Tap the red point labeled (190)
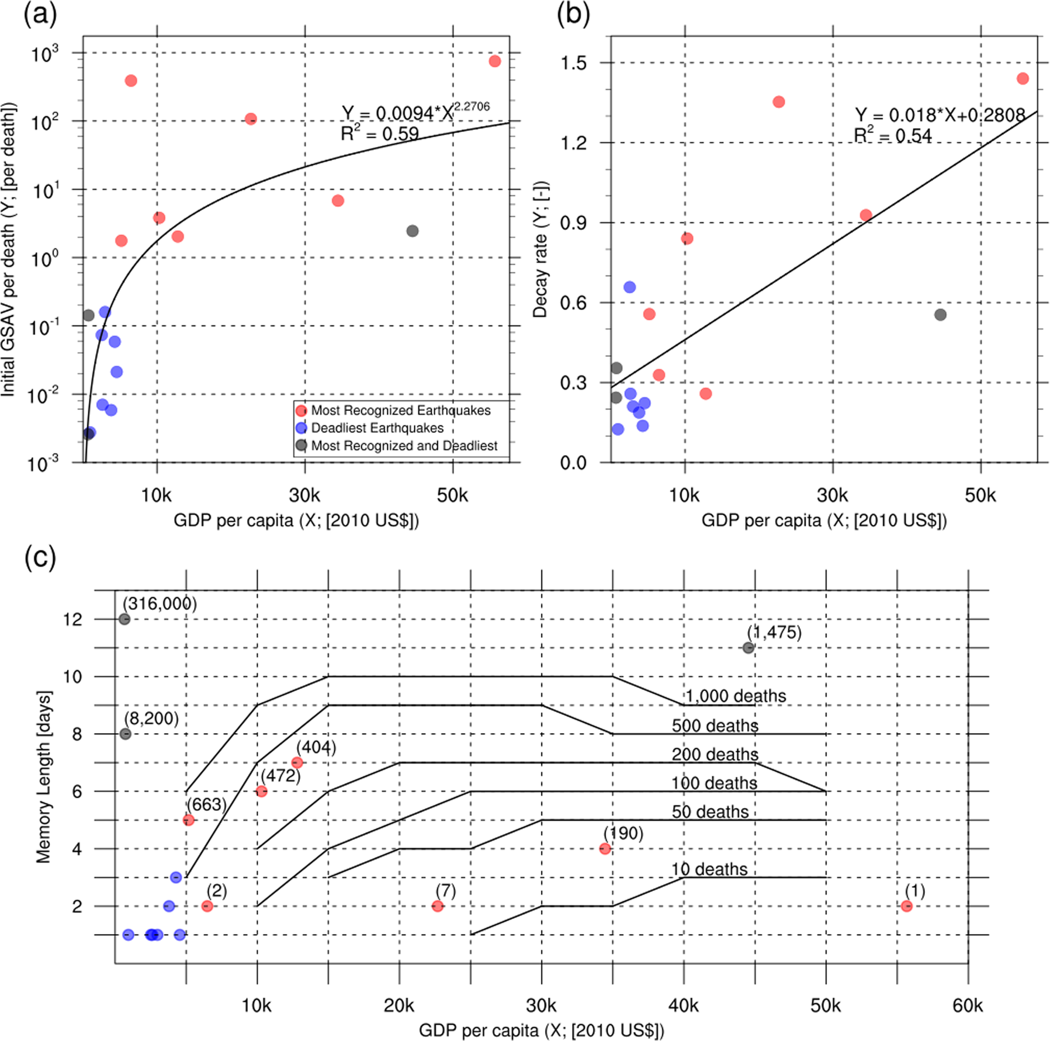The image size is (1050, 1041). coord(605,848)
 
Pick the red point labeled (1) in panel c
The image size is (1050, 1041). coord(906,906)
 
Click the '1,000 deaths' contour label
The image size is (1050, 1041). coord(735,696)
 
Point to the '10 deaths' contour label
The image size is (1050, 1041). coord(709,869)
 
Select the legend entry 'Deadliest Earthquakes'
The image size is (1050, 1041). coord(377,428)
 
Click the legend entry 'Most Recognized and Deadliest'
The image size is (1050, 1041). coord(404,446)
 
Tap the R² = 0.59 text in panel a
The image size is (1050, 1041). coord(380,134)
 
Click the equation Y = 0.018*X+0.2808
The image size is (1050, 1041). coord(940,115)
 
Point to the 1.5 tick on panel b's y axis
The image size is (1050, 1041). coord(573,63)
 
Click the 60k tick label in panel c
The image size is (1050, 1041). coord(968,1005)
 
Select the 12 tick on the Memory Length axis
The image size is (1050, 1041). coord(73,619)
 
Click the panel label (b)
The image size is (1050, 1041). coord(573,14)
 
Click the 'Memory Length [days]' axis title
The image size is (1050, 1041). coord(44,777)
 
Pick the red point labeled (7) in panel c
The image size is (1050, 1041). coord(437,906)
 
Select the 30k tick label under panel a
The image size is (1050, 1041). coord(304,495)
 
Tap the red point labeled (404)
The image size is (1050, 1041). coord(297,762)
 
